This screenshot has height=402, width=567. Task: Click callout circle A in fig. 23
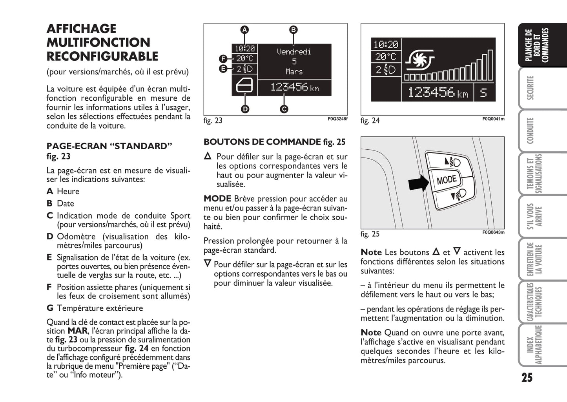244,30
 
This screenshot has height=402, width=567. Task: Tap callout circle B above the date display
293,30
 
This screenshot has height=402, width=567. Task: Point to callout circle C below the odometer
284,109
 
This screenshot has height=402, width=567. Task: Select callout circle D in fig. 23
245,109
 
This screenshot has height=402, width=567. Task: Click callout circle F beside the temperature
223,59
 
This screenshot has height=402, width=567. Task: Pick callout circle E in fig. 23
223,69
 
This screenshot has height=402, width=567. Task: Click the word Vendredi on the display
294,52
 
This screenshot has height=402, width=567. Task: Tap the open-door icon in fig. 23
244,86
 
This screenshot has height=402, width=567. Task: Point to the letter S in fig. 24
483,93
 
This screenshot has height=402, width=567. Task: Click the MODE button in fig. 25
447,180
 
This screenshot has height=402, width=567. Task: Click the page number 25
527,377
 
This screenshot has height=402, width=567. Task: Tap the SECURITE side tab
531,88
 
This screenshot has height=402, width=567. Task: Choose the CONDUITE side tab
531,130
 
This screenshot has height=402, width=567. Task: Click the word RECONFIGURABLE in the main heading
102,56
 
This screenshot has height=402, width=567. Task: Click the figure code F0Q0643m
493,232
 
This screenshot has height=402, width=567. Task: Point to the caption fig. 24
370,121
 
